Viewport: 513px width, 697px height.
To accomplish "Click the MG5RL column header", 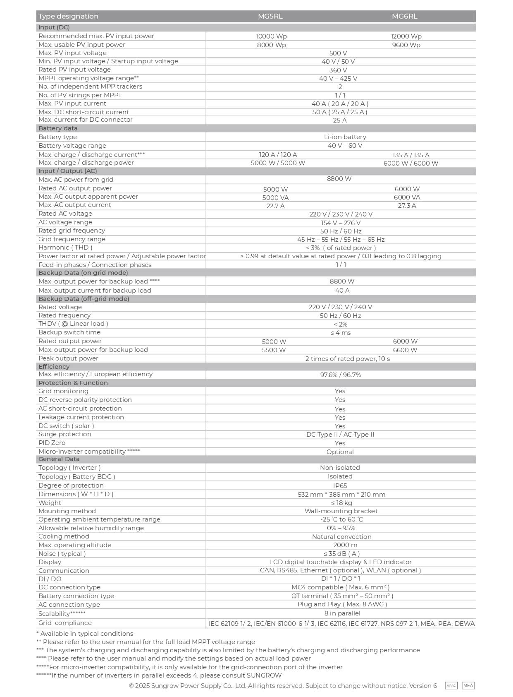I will click(270, 16).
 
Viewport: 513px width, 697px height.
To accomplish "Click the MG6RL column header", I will click(404, 16).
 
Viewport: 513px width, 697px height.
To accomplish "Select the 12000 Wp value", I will click(406, 36).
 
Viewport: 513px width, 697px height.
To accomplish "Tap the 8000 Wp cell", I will click(271, 45).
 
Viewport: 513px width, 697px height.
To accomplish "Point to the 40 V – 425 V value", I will click(338, 79).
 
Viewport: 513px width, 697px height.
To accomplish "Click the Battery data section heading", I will click(58, 128).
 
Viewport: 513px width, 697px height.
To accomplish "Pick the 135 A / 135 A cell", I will click(410, 155).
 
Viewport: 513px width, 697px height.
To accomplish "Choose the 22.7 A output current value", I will click(275, 206).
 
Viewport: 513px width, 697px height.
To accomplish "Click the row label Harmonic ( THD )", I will click(65, 248).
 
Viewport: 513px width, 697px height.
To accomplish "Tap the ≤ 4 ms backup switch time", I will click(340, 333).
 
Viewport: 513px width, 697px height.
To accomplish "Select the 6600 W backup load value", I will click(405, 350).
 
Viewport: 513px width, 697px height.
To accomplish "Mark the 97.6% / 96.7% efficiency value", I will click(340, 375).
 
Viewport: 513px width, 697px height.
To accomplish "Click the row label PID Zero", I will click(52, 443).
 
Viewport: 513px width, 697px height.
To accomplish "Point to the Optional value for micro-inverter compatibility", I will click(340, 452).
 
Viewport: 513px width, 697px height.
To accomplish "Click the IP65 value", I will click(340, 486).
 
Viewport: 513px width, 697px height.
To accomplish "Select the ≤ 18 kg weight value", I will click(341, 503).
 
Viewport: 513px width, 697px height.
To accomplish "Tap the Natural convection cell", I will click(341, 537).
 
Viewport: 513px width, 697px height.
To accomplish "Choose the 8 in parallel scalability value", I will click(342, 613).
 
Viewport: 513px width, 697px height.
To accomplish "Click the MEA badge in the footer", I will click(468, 686).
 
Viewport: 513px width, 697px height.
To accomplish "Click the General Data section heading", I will click(59, 459).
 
